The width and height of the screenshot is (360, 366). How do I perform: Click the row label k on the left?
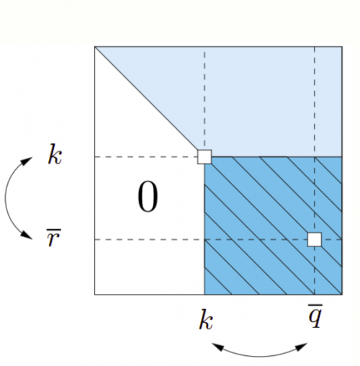point(55,154)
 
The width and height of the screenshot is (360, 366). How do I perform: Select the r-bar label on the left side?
point(54,238)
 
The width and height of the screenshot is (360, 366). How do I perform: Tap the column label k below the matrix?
point(206,319)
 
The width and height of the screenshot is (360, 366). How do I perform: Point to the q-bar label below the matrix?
point(315,316)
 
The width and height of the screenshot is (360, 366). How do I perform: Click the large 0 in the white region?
point(148,197)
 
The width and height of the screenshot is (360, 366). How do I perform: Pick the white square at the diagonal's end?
point(204,157)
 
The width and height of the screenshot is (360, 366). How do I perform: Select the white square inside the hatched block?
point(315,239)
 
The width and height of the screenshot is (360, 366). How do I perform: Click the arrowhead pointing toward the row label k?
point(27,161)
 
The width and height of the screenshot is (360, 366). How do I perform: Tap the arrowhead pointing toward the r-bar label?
point(27,235)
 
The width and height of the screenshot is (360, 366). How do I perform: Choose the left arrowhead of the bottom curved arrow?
point(218,347)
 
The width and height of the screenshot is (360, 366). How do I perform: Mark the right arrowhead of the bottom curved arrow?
point(301,347)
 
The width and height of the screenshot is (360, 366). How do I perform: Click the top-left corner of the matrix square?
point(95,46)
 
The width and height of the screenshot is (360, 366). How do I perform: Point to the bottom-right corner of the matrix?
point(342,294)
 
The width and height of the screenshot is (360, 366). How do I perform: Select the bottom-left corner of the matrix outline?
point(95,294)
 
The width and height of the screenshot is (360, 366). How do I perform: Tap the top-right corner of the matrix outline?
point(342,46)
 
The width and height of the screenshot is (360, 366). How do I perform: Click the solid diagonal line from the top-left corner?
point(146,98)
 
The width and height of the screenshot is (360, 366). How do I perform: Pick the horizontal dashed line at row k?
point(146,157)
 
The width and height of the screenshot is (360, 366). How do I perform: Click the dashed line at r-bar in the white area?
point(150,239)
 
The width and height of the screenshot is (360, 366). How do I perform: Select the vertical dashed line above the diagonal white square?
point(204,98)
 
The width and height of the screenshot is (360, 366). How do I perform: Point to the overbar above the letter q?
point(315,305)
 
